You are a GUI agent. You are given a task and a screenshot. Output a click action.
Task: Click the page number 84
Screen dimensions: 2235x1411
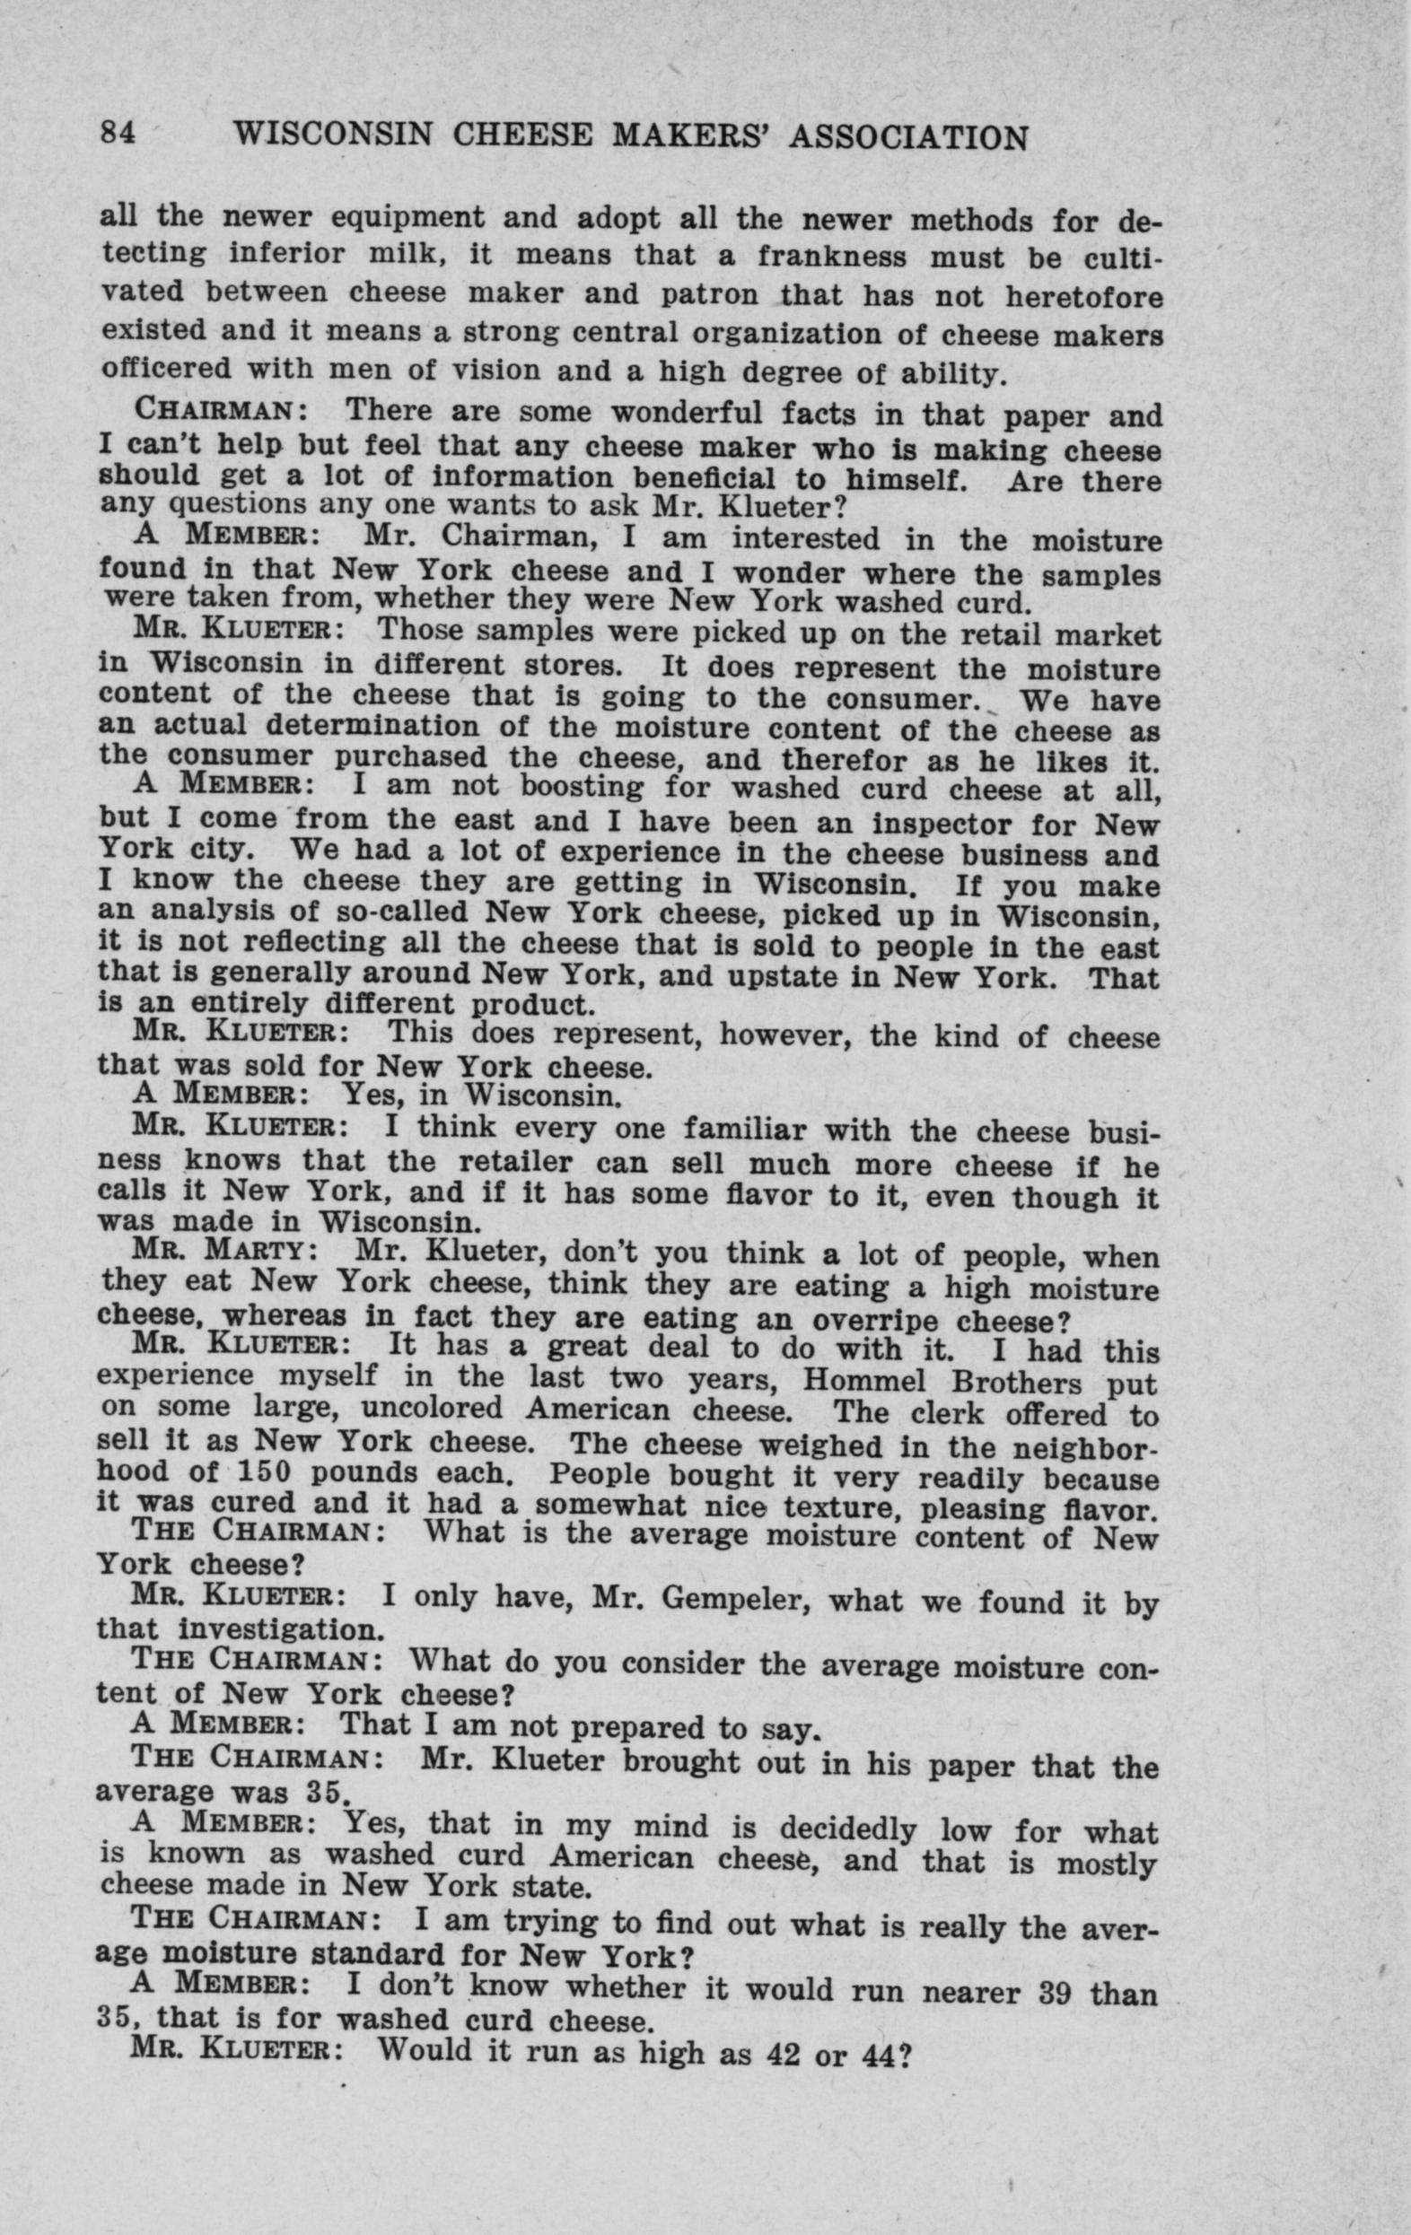[x=118, y=135]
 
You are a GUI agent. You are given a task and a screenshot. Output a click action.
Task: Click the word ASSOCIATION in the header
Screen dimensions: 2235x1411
[x=907, y=138]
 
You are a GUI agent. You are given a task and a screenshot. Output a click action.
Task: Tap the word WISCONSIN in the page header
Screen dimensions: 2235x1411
[x=332, y=136]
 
